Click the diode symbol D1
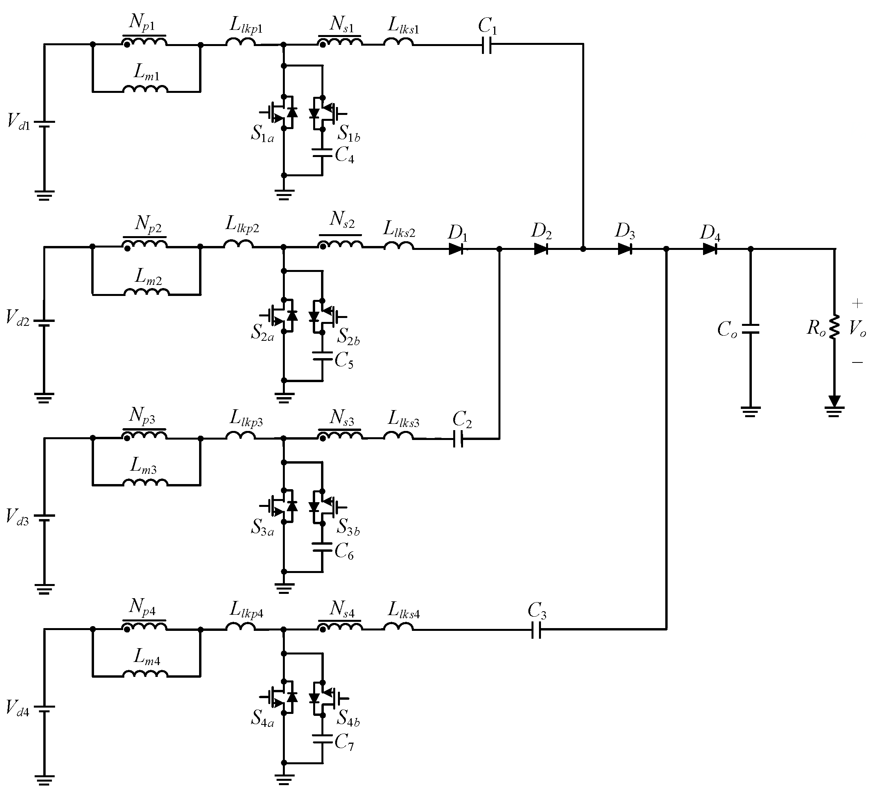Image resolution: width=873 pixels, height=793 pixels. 456,249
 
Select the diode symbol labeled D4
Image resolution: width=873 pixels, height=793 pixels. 709,249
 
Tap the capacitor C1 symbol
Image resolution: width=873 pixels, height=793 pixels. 487,44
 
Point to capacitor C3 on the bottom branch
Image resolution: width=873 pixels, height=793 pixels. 536,629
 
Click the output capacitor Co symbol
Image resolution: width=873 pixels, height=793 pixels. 751,329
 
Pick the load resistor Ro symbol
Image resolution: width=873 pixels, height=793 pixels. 834,327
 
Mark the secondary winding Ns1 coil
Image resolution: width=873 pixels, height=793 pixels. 340,42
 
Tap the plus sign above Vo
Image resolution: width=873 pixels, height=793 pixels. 857,303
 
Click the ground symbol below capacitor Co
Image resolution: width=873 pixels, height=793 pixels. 751,411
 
